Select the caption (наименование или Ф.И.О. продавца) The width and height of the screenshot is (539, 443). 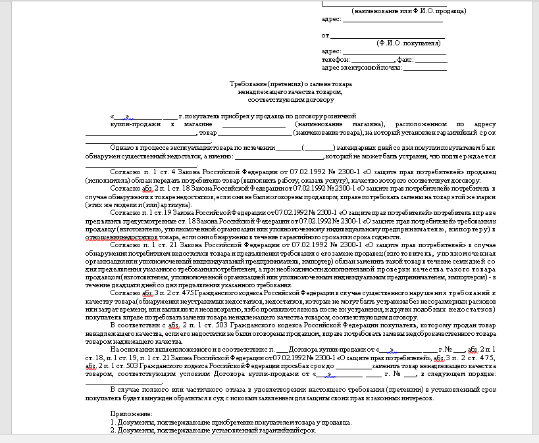(409, 11)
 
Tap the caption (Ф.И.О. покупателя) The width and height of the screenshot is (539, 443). (409, 43)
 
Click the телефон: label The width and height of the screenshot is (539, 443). (336, 59)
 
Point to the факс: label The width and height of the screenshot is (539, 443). (406, 59)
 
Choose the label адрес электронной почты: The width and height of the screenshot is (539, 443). (361, 67)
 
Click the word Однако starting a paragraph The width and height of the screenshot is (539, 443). (122, 148)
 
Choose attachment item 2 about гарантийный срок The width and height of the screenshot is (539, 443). (213, 431)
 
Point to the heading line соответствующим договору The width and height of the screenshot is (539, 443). (291, 101)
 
